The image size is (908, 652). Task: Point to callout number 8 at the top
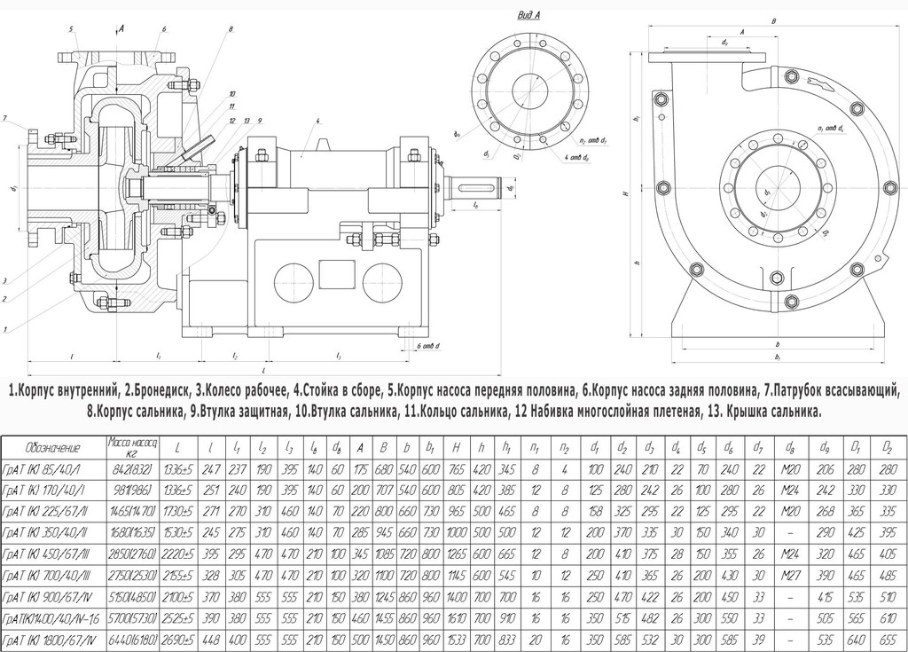tap(230, 29)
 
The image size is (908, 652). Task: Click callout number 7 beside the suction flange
tap(5, 118)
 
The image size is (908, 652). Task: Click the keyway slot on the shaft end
tap(476, 187)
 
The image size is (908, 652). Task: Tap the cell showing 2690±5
tap(180, 640)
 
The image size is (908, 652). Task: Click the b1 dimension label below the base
tap(777, 357)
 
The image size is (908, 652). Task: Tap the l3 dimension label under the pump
tap(339, 356)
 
